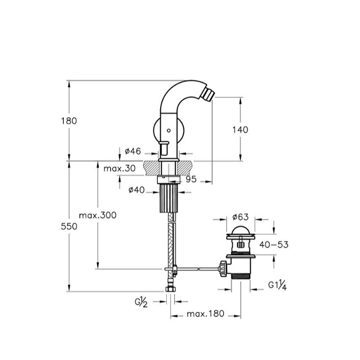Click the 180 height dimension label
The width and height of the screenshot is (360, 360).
tap(69, 121)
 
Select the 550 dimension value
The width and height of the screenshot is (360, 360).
tap(69, 226)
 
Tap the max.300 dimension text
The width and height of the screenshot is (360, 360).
tap(98, 215)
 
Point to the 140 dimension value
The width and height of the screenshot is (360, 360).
tap(240, 130)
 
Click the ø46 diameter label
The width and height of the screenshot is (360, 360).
tap(133, 151)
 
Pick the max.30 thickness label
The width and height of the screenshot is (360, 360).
tap(120, 169)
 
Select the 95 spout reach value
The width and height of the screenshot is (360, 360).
tap(191, 180)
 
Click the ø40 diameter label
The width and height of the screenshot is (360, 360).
tap(137, 190)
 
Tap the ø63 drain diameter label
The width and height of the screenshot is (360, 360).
tap(240, 217)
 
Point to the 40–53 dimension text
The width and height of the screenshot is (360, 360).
tap(274, 245)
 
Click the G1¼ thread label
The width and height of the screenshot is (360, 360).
tap(277, 286)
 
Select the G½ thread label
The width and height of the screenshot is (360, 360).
tap(141, 302)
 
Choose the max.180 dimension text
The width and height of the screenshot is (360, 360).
tap(205, 314)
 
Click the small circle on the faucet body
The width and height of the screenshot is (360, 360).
tap(169, 130)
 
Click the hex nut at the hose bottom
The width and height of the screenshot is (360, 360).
tap(171, 289)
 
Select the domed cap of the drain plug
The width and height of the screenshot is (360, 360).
tap(240, 230)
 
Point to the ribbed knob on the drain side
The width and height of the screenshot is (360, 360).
tap(223, 269)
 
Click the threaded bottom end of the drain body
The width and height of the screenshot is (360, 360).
tap(240, 276)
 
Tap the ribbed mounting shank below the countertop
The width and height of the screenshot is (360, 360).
tap(169, 198)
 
